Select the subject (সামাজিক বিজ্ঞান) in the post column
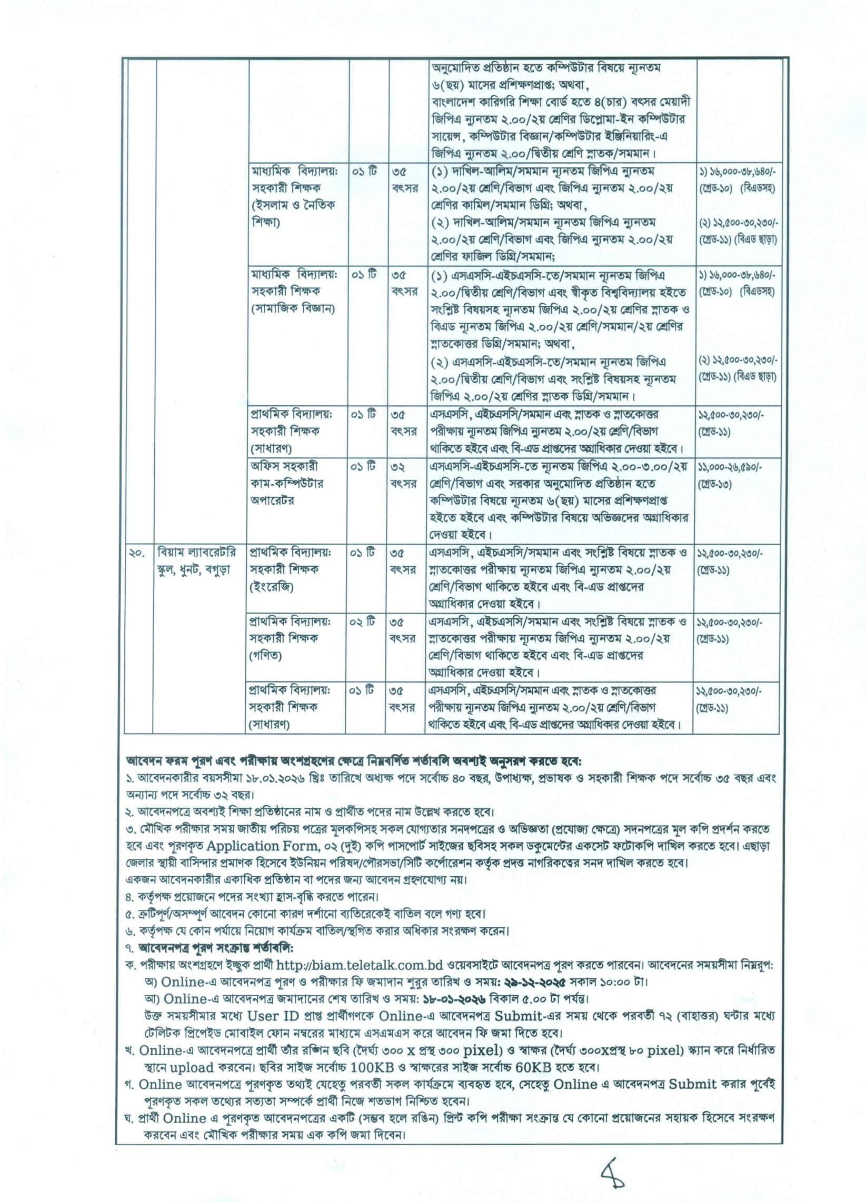pyautogui.click(x=292, y=308)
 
